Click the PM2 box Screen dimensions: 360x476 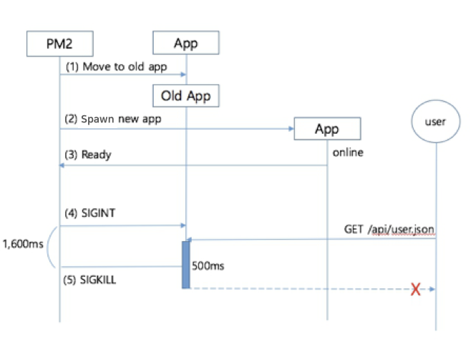(x=60, y=44)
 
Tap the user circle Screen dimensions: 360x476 (x=435, y=122)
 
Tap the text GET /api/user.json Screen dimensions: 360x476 (x=389, y=228)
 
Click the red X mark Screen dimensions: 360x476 (x=414, y=289)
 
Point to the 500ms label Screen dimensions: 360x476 (x=208, y=266)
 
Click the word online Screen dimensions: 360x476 (x=347, y=152)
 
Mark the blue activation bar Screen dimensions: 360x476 (x=186, y=265)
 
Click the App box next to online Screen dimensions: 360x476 (x=327, y=130)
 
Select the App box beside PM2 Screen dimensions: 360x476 (x=186, y=44)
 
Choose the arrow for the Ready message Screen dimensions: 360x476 (x=193, y=165)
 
